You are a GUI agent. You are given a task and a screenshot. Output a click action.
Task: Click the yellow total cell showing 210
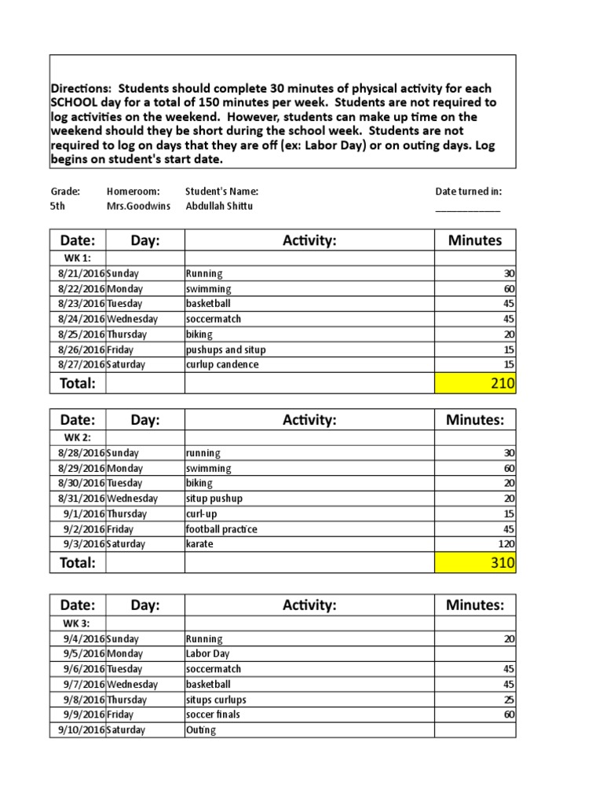pyautogui.click(x=475, y=383)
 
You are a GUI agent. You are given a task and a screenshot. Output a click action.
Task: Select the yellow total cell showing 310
pyautogui.click(x=475, y=562)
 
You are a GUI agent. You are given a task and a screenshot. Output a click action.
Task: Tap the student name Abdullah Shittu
pyautogui.click(x=220, y=206)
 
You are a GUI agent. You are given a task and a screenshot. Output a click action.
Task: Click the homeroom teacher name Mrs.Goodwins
pyautogui.click(x=138, y=206)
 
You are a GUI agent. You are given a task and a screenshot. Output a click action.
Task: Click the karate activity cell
pyautogui.click(x=199, y=544)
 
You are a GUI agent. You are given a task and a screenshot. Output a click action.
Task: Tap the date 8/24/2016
pyautogui.click(x=81, y=320)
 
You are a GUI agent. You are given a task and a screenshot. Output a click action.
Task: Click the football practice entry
pyautogui.click(x=221, y=529)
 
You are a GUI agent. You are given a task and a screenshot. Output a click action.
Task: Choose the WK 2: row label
pyautogui.click(x=78, y=437)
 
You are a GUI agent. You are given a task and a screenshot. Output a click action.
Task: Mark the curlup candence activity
pyautogui.click(x=222, y=365)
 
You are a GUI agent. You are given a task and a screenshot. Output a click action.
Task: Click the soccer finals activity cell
pyautogui.click(x=213, y=714)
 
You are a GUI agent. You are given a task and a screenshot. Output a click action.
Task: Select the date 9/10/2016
pyautogui.click(x=81, y=730)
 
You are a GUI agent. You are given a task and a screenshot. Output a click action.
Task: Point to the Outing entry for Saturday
pyautogui.click(x=200, y=730)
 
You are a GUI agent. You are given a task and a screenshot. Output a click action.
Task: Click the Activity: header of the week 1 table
pyautogui.click(x=309, y=240)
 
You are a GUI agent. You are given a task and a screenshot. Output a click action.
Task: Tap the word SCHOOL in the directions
pyautogui.click(x=79, y=103)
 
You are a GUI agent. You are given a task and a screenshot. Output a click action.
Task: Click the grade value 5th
pyautogui.click(x=59, y=206)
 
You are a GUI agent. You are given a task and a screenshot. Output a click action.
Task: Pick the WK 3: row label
pyautogui.click(x=78, y=623)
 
